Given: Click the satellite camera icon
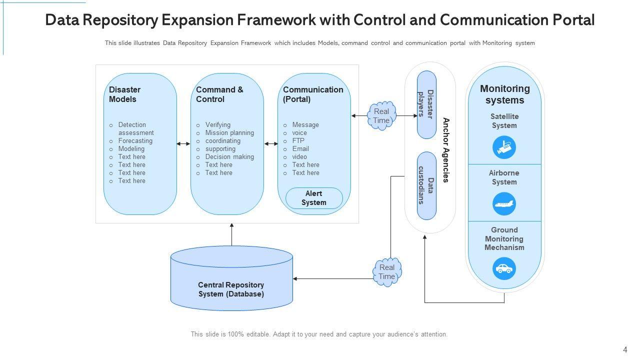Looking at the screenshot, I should point(504,147).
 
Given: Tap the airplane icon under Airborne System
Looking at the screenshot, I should point(504,204).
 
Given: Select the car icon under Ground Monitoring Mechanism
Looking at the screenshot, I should point(504,268).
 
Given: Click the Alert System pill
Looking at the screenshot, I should point(314,198).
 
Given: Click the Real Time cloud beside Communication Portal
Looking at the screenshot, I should point(381,116).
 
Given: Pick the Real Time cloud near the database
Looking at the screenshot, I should point(387,272).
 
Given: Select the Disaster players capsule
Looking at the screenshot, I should point(426,104).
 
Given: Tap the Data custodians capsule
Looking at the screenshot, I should point(426,185).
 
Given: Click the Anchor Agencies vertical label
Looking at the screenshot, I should point(446,150).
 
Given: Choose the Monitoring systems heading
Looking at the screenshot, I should point(504,94).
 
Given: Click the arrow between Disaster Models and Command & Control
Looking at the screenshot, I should point(183,144).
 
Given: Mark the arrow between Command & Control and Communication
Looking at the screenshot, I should point(271,144).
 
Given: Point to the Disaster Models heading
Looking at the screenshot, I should point(125,94).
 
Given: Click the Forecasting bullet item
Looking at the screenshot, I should point(135,141).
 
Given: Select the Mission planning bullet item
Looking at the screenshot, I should point(229,133).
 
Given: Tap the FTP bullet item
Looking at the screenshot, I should point(298,141).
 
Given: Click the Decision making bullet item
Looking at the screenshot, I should point(229,157).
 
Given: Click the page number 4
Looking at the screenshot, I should point(625,350).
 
